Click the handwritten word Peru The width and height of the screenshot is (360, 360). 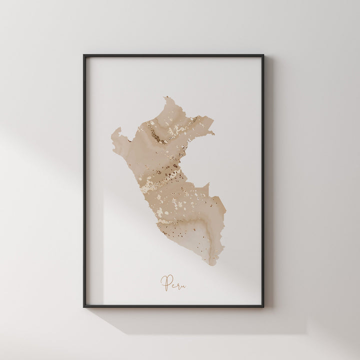point(173,283)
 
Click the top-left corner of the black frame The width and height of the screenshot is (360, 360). point(84,55)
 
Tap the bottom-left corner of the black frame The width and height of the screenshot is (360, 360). point(84,306)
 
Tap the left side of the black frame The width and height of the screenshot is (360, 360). point(84,180)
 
